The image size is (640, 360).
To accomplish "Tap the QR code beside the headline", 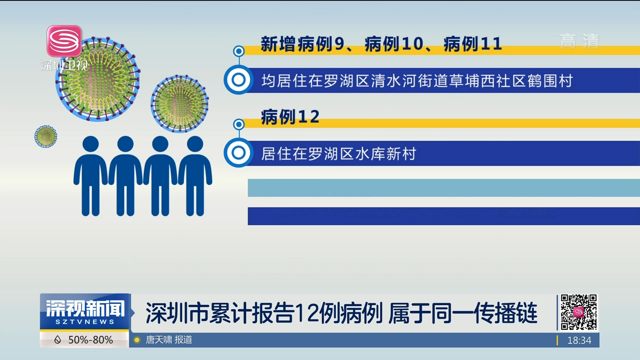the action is click(579, 312).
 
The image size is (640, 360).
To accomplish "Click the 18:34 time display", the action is click(579, 340).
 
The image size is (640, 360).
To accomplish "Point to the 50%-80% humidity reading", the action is click(90, 340).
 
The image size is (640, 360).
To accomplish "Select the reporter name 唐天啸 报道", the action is click(169, 340).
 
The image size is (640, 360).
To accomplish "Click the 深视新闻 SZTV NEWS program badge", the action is click(85, 312).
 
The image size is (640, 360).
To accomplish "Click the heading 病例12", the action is click(290, 117).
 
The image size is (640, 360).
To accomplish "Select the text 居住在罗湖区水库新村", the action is click(339, 154).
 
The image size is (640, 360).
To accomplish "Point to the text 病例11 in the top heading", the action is click(473, 44).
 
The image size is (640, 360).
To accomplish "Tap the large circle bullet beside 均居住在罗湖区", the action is click(239, 80).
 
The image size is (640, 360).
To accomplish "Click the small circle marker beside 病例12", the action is click(239, 124).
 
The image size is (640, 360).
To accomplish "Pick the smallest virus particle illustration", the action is click(46, 136).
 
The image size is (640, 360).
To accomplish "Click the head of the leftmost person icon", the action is click(91, 144).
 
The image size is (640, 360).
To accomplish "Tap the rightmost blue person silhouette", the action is click(195, 176).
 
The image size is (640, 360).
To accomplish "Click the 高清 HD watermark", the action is click(579, 42).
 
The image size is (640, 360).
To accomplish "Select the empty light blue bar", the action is click(444, 188).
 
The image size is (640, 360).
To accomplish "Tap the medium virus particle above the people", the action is click(180, 104).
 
